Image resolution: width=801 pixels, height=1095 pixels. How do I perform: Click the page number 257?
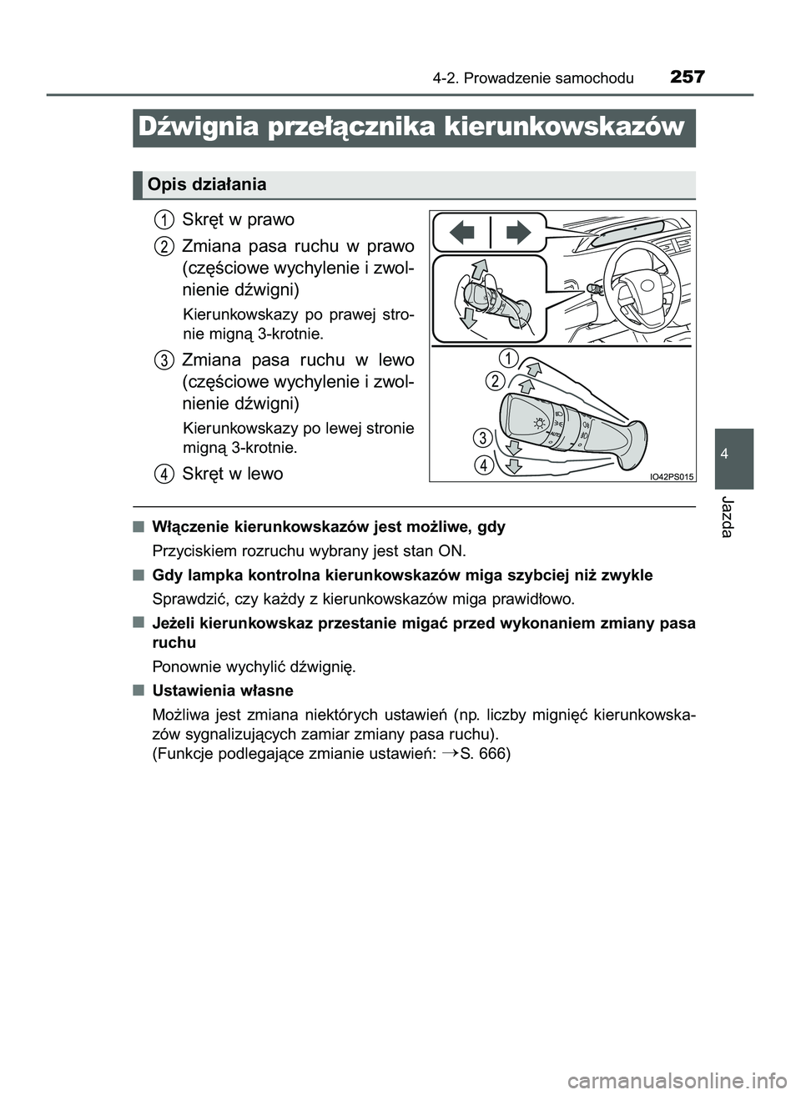(687, 78)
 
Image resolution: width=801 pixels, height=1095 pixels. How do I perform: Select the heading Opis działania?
(207, 184)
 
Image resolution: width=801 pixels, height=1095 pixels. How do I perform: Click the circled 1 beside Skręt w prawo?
(164, 219)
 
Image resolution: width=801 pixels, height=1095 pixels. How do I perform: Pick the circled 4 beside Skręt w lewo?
(164, 474)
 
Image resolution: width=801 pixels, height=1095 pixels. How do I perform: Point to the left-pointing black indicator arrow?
(463, 232)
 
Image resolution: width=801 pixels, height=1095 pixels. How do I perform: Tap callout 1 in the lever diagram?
(509, 358)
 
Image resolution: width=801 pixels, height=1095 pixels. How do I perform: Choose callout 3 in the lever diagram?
(481, 438)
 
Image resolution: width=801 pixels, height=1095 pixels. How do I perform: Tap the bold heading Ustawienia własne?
(223, 691)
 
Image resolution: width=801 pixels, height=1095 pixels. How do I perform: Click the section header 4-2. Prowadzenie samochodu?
(533, 78)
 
